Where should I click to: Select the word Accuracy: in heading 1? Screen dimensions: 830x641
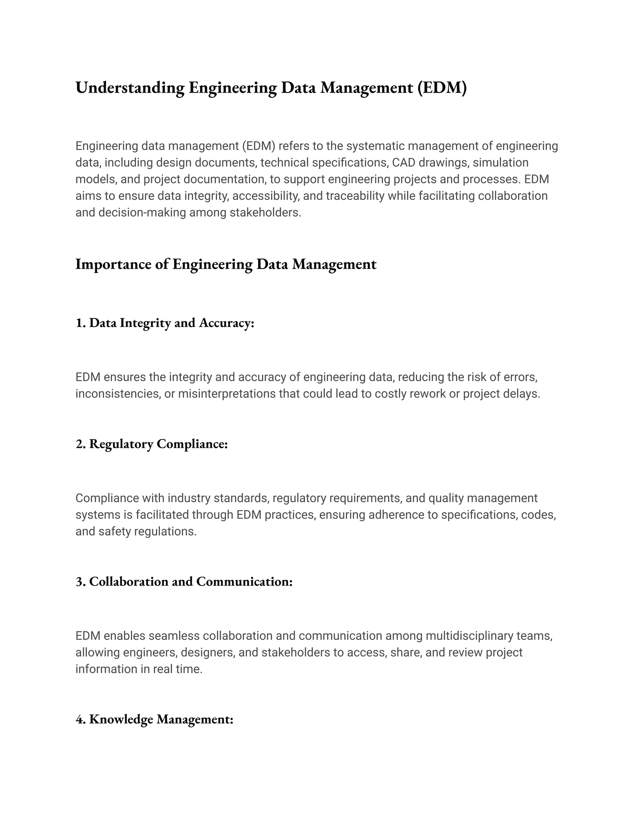pos(226,323)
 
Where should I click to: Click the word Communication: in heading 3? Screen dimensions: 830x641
pos(244,581)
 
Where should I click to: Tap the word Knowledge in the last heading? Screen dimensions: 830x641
pos(121,719)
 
